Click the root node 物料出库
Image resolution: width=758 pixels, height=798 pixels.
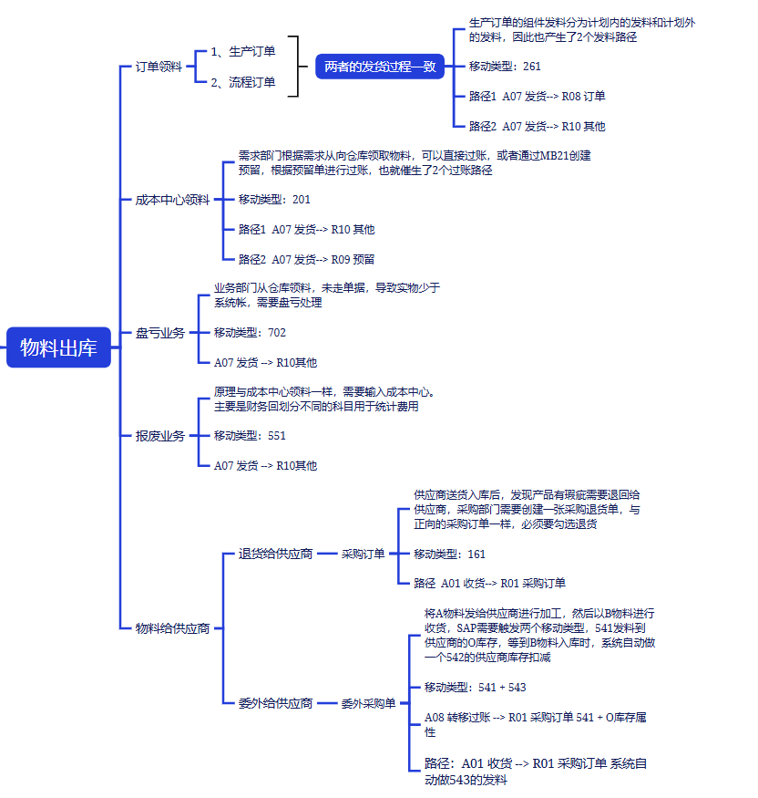coord(58,347)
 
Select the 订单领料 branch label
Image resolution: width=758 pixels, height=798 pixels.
coord(159,67)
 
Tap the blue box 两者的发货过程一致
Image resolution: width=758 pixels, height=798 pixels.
coord(380,67)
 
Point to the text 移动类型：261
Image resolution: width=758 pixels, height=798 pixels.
coord(505,67)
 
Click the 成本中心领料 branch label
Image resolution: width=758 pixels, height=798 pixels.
coord(172,200)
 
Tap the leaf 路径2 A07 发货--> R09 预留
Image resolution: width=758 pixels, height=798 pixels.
coord(306,259)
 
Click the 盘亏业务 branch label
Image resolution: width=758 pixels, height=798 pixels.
coord(160,333)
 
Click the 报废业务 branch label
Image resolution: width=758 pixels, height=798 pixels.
coord(160,436)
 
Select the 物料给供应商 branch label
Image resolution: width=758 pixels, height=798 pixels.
coord(172,628)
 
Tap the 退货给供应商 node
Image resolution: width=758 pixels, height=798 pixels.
coord(275,554)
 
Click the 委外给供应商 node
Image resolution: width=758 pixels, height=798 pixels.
coord(275,703)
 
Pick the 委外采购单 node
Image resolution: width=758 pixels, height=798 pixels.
coord(368,703)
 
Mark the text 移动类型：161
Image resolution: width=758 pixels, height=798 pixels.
coord(449,554)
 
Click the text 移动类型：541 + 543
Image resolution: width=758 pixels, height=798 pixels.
coord(475,688)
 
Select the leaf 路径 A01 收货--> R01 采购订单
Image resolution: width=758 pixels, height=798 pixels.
coord(489,584)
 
